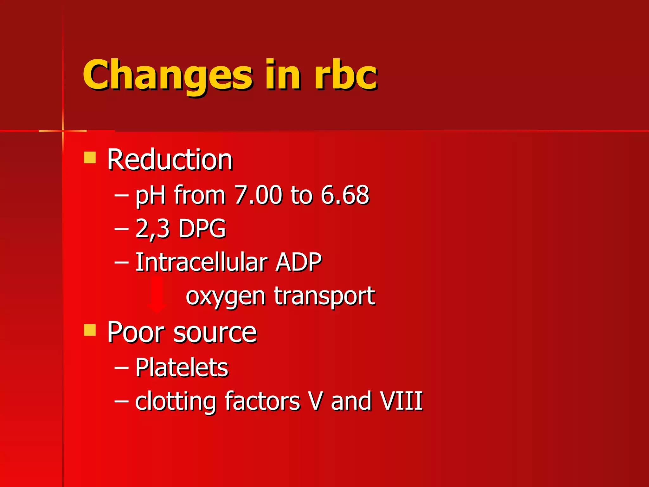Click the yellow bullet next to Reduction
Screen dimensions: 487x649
point(90,158)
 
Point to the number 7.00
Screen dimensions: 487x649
point(258,195)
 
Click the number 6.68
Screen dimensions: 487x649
point(345,195)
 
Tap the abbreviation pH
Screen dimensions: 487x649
point(151,195)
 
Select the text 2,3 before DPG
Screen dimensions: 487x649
point(152,228)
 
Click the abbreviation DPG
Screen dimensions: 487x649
point(202,228)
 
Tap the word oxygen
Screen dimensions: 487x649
point(225,297)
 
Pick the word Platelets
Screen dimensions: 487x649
point(182,367)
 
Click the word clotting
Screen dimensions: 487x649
point(176,401)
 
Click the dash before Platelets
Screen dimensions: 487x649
point(121,368)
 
